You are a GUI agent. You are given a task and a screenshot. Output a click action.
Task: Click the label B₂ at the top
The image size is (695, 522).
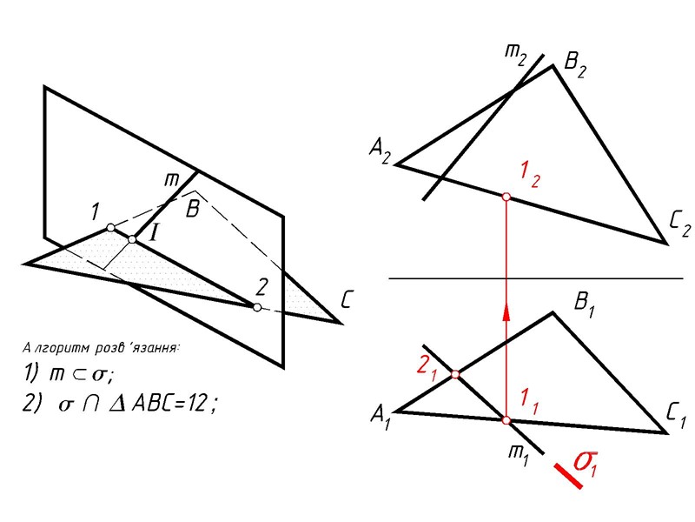tap(578, 62)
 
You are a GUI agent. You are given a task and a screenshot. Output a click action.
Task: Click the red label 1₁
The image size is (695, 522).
tap(528, 402)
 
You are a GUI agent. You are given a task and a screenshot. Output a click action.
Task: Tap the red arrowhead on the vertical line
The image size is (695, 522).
tap(506, 313)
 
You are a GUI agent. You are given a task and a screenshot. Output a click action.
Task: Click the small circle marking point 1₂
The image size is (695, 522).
tap(506, 198)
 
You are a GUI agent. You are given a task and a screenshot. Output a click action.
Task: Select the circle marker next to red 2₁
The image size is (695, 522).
tap(455, 376)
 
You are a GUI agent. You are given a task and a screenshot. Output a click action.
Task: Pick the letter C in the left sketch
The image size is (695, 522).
tap(347, 302)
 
